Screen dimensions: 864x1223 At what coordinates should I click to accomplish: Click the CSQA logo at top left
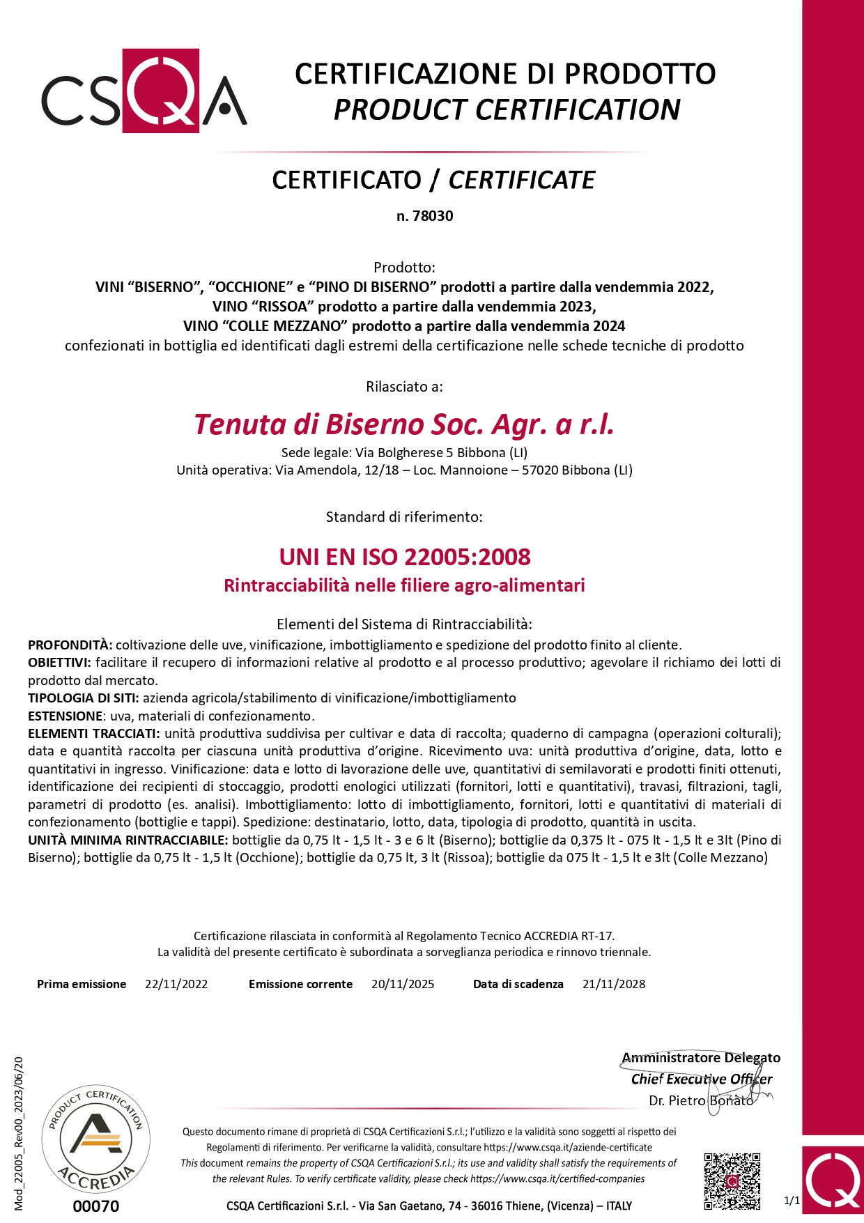tap(144, 91)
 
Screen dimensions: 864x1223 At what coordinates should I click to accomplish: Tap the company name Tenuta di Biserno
tap(404, 424)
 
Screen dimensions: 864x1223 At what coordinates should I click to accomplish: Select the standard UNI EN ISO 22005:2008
tap(405, 557)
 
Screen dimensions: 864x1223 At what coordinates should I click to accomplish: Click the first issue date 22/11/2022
tap(176, 984)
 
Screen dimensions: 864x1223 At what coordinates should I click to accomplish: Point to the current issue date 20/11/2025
tap(403, 984)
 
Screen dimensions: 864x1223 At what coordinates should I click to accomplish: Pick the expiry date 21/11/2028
tap(614, 984)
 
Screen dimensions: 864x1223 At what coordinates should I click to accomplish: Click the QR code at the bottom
tap(732, 1181)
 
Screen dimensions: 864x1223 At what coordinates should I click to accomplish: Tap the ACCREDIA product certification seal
tap(96, 1140)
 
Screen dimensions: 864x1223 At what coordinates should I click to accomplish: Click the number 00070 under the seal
tap(96, 1206)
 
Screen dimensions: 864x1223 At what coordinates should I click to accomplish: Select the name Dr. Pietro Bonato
tap(701, 1100)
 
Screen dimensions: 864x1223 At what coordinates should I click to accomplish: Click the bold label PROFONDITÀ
tap(70, 645)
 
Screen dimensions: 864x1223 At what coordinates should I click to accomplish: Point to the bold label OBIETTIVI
tap(59, 662)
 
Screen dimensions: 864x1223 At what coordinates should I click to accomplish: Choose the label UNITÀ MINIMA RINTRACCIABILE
tap(128, 840)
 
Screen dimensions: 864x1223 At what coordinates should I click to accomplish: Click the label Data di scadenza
tap(518, 984)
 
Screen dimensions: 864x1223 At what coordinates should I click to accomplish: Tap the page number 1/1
tap(792, 1200)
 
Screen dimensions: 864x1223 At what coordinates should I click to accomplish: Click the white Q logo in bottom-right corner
tap(833, 1182)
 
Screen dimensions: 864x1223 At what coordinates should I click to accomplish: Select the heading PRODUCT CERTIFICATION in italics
tap(507, 110)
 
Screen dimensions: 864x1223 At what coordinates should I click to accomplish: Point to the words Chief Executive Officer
tap(702, 1079)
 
